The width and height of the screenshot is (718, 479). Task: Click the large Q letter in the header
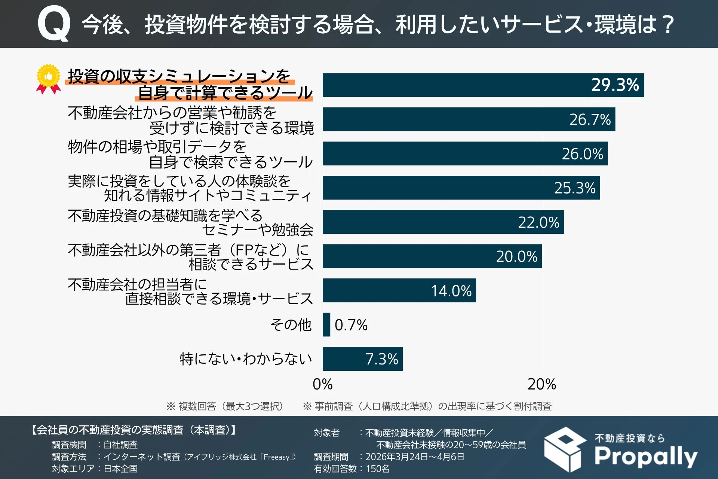click(x=54, y=24)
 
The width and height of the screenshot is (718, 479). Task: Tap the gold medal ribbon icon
click(x=49, y=79)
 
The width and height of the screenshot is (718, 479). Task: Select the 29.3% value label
click(x=615, y=85)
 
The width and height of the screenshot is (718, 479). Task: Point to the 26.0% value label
click(x=582, y=154)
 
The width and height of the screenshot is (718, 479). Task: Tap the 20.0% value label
click(x=516, y=257)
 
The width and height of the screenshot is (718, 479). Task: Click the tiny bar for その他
click(x=326, y=324)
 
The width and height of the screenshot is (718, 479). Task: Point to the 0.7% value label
click(x=351, y=325)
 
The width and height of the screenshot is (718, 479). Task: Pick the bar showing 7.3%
click(x=362, y=359)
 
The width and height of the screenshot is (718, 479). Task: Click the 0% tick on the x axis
click(x=322, y=384)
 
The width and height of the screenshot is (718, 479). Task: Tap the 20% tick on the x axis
click(x=541, y=384)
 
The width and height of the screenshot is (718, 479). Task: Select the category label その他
click(x=291, y=324)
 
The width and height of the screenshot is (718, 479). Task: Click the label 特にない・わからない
click(x=246, y=359)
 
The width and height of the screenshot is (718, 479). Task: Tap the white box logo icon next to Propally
click(x=565, y=449)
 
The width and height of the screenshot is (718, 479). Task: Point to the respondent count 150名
click(x=377, y=469)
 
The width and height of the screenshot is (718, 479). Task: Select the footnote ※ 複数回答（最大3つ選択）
click(x=225, y=406)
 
